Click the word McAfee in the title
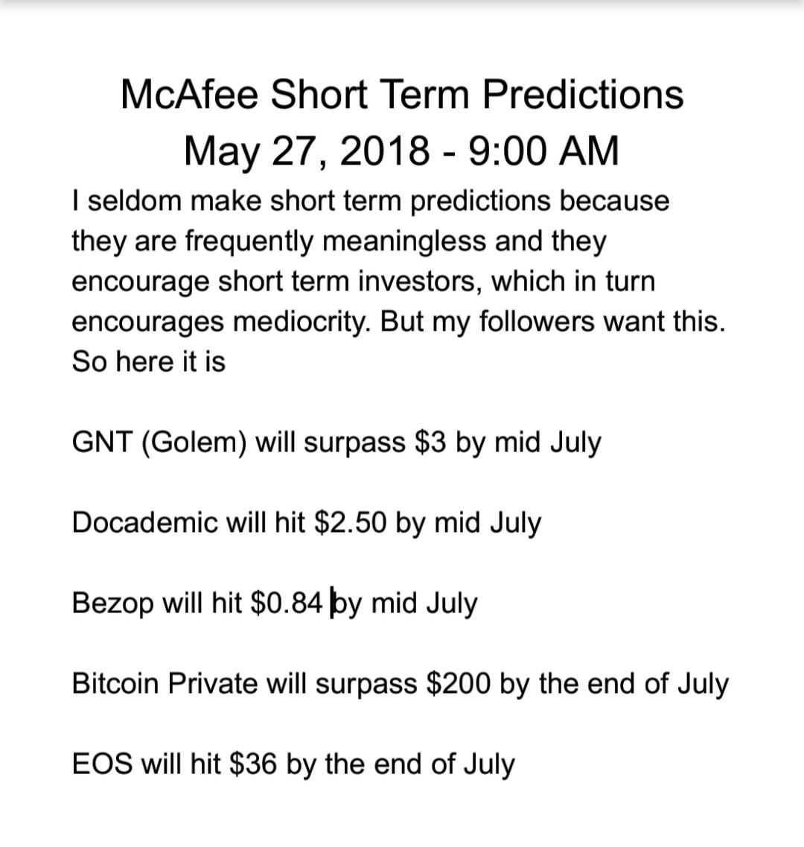(189, 95)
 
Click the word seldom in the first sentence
(135, 200)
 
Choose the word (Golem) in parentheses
(194, 442)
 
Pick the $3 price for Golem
(431, 442)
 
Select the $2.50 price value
(350, 522)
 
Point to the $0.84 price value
(286, 603)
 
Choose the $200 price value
(459, 683)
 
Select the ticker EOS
(102, 764)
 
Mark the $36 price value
(253, 764)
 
